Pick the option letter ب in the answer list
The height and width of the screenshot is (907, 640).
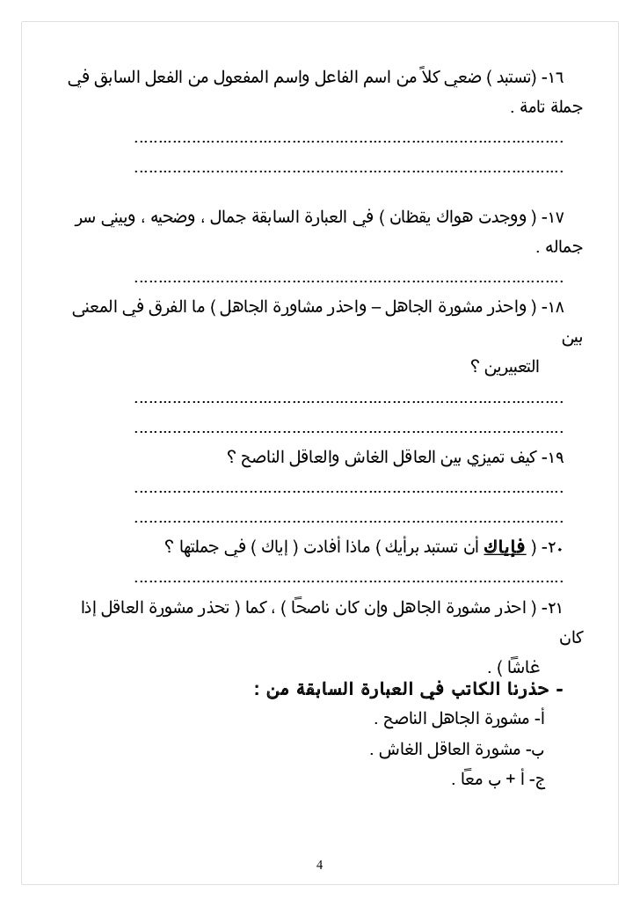point(548,750)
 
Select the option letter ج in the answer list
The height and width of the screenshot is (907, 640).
point(549,780)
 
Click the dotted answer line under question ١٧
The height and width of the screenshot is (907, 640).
point(348,281)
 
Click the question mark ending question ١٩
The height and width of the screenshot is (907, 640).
point(231,458)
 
